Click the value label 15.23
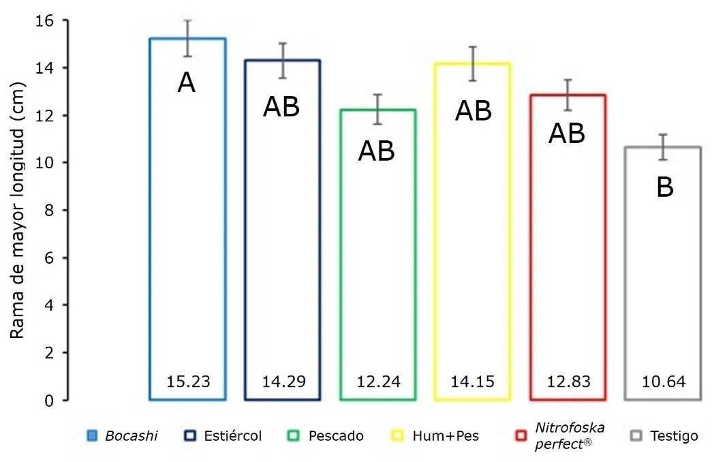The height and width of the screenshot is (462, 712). [x=187, y=381]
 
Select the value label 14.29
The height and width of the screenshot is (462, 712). [x=282, y=381]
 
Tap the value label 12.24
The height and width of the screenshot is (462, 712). [x=377, y=381]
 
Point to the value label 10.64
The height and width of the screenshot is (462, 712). [x=663, y=381]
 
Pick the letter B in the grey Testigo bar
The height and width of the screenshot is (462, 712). [x=664, y=187]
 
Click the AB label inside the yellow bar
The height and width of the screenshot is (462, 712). [x=473, y=110]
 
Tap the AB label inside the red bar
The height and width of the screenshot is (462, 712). [x=568, y=134]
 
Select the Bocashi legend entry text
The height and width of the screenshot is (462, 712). [x=131, y=436]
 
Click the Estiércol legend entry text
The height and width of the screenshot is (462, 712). [x=233, y=436]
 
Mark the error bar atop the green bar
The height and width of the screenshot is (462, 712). [x=377, y=109]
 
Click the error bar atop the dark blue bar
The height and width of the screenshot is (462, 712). [x=282, y=61]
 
